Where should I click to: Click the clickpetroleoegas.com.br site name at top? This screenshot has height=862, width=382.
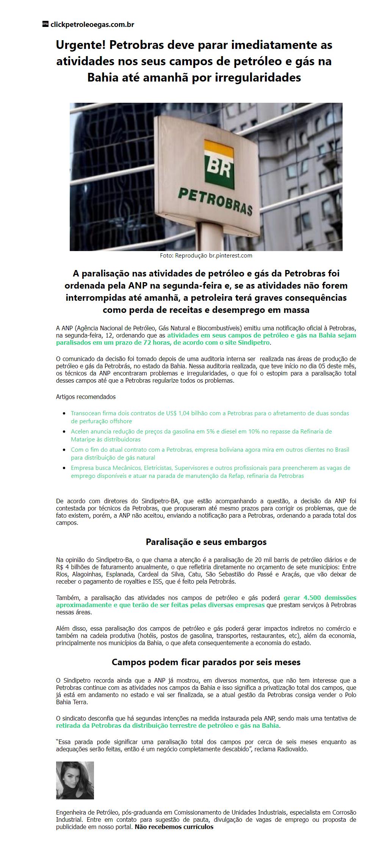92,25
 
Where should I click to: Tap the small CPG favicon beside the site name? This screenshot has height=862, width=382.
45,24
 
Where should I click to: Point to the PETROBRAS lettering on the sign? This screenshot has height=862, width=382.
215,201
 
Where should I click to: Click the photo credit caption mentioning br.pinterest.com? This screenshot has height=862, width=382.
206,256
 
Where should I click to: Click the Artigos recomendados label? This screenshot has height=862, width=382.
86,397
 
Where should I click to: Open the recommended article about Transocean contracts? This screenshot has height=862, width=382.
210,417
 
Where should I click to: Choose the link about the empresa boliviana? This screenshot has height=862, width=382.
210,454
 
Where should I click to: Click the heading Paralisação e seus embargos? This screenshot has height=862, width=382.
206,542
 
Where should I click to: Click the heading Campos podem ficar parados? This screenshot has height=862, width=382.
206,662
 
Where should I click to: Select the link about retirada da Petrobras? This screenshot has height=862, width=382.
168,725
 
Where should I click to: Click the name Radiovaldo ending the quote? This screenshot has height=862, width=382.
291,749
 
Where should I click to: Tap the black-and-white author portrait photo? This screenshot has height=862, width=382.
75,780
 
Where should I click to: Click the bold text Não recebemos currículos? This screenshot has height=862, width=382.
174,827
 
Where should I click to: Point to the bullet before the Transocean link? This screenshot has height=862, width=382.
64,413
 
